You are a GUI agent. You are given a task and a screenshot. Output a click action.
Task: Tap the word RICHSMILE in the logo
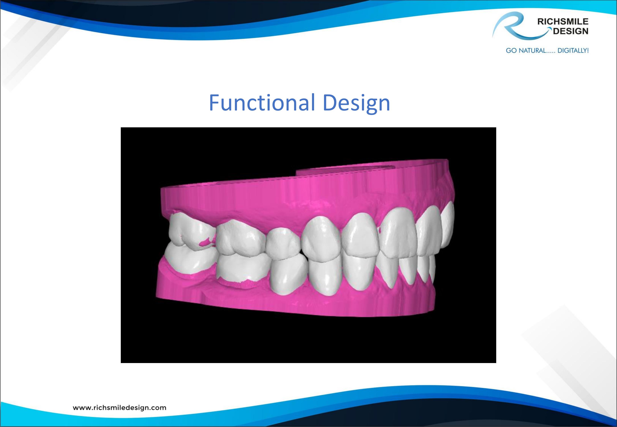pos(563,22)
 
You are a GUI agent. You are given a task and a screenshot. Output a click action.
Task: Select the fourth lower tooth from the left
pos(325,276)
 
